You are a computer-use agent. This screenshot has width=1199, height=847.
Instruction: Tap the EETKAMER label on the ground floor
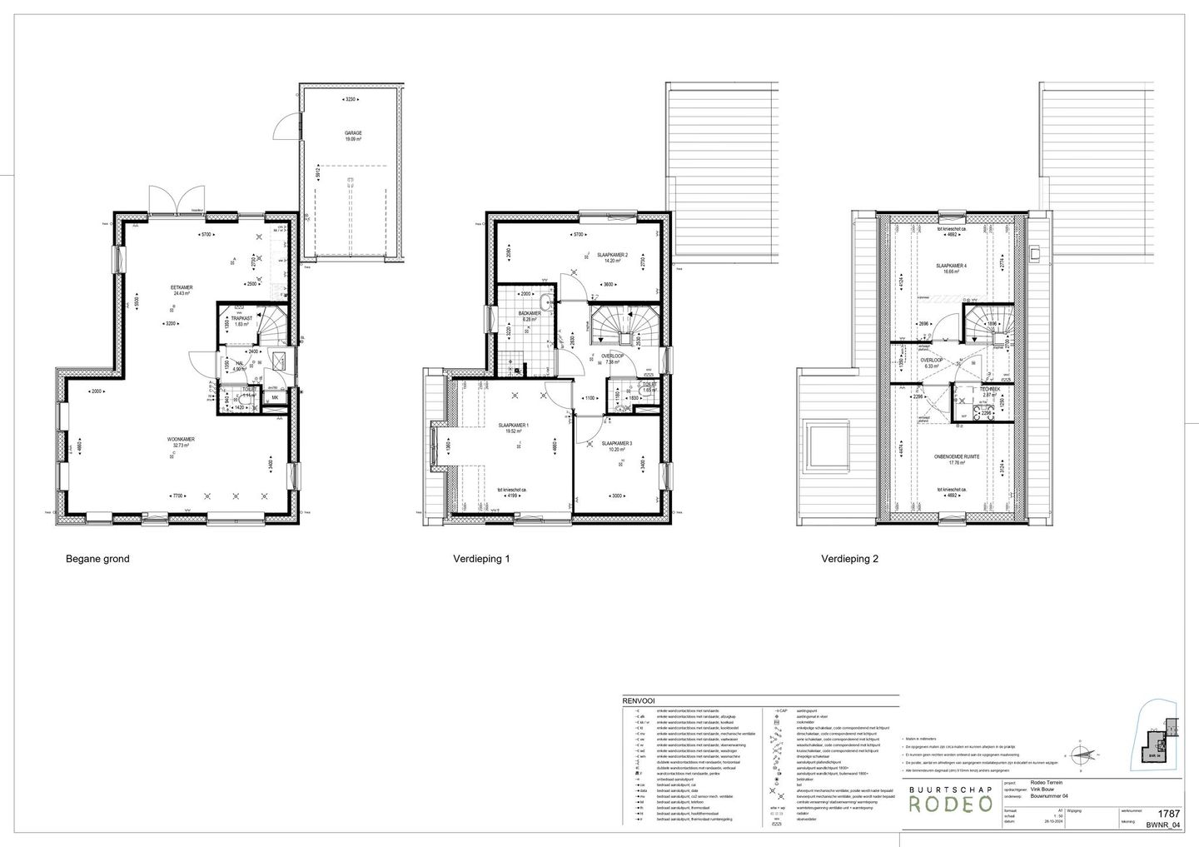[183, 287]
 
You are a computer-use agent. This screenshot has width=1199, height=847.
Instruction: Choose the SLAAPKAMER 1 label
[514, 426]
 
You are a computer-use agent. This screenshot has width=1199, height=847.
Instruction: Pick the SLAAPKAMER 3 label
[616, 443]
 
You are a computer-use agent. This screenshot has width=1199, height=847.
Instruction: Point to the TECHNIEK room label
[989, 389]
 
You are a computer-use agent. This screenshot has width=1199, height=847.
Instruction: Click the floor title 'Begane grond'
[97, 560]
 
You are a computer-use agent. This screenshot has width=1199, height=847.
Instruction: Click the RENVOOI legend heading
[638, 702]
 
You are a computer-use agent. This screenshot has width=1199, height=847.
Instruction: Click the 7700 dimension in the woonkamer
[178, 496]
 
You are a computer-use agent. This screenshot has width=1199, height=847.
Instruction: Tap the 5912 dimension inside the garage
[319, 177]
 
